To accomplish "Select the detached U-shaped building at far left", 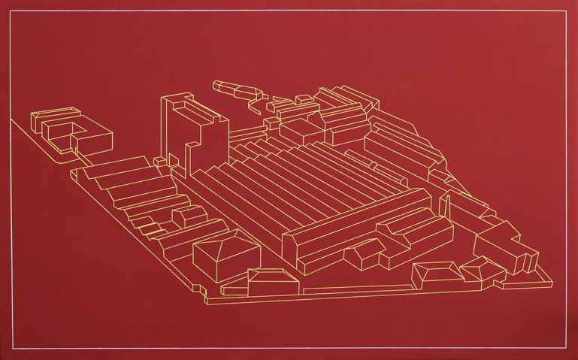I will coord(71,132).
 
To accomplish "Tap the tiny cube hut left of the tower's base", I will coord(159,161).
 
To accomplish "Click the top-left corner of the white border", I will coord(11,11).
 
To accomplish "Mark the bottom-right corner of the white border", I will coord(567,350).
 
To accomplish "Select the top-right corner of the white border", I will coord(567,11).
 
